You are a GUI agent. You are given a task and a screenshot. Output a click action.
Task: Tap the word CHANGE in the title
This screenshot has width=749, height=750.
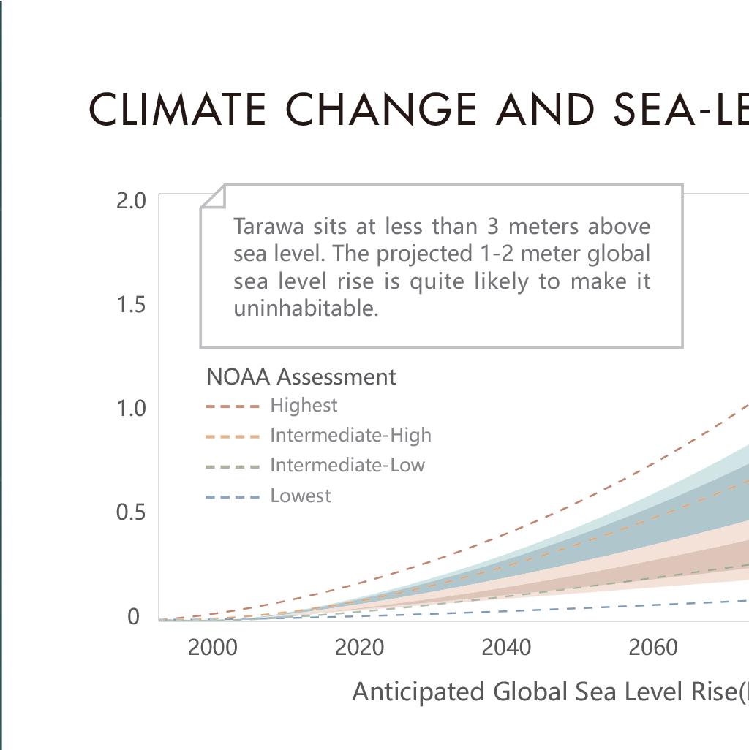pyautogui.click(x=380, y=110)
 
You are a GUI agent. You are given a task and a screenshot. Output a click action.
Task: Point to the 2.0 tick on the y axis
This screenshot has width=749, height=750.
pyautogui.click(x=131, y=200)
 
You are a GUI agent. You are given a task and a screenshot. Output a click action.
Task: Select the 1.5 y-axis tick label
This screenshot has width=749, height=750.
pyautogui.click(x=131, y=305)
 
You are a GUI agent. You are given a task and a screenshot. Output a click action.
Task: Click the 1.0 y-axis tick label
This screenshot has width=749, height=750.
pyautogui.click(x=131, y=409)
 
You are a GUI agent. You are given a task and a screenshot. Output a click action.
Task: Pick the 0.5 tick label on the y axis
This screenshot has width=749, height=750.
pyautogui.click(x=131, y=512)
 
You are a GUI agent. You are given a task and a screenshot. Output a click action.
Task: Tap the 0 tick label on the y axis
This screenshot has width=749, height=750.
pyautogui.click(x=133, y=617)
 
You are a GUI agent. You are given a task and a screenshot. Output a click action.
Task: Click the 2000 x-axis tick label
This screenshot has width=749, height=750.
pyautogui.click(x=212, y=648)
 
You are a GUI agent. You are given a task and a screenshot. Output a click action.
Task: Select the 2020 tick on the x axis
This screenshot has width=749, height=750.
pyautogui.click(x=359, y=648)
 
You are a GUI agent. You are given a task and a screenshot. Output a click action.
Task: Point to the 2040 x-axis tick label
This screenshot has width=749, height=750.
pyautogui.click(x=506, y=648)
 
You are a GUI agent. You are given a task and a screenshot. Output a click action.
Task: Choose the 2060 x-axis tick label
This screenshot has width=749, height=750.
pyautogui.click(x=653, y=648)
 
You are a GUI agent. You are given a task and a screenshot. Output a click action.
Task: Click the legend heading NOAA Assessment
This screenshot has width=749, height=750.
pyautogui.click(x=301, y=377)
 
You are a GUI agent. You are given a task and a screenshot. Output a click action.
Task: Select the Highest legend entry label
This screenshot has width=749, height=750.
pyautogui.click(x=304, y=405)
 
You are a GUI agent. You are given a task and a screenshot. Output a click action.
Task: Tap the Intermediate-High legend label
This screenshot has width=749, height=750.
pyautogui.click(x=350, y=435)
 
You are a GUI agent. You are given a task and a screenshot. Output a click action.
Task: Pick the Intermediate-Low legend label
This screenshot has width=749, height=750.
pyautogui.click(x=347, y=465)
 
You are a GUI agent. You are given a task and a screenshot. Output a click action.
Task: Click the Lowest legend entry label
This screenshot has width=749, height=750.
pyautogui.click(x=301, y=496)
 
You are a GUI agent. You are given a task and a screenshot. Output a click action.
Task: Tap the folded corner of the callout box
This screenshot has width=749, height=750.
pyautogui.click(x=214, y=197)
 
